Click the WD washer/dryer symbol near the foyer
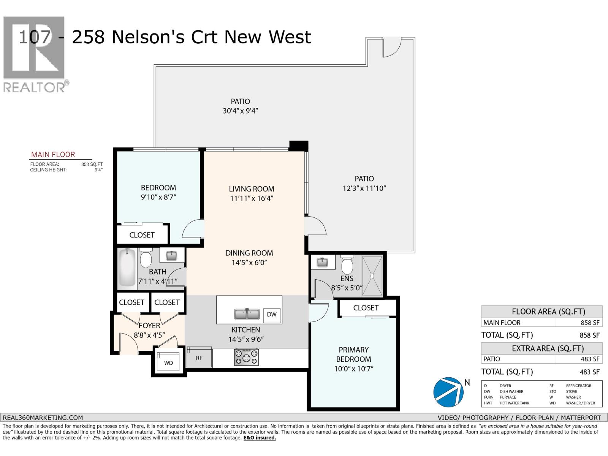click(x=168, y=363)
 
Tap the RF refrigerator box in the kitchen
click(x=199, y=358)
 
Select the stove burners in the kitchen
click(x=246, y=357)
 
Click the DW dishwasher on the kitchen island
click(x=272, y=314)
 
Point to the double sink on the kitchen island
click(x=247, y=314)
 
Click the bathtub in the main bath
click(x=126, y=268)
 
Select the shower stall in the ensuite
click(x=372, y=276)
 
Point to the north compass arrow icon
click(x=449, y=391)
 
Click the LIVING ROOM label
click(x=251, y=189)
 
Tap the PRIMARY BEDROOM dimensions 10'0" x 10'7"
click(x=353, y=369)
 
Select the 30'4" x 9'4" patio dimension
click(x=241, y=111)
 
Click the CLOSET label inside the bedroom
click(x=142, y=235)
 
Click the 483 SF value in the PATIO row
click(x=590, y=359)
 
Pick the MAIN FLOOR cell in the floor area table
click(x=502, y=323)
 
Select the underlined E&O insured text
click(x=260, y=438)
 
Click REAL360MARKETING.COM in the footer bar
click(x=43, y=417)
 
